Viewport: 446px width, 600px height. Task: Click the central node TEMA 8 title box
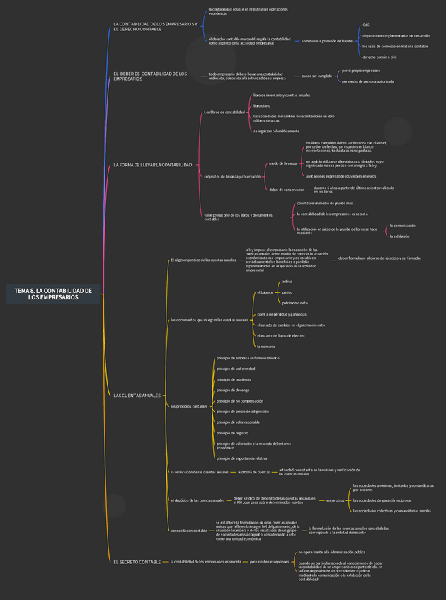click(x=53, y=294)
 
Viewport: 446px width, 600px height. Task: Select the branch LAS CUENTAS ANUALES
click(x=137, y=396)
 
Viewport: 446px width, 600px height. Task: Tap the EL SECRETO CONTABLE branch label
click(x=137, y=562)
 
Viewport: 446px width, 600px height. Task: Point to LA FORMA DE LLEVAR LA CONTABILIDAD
click(x=152, y=165)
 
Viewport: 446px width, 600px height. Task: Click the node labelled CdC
click(x=366, y=25)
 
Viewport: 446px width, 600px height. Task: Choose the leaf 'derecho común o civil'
click(x=379, y=57)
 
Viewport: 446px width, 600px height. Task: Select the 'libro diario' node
click(x=262, y=105)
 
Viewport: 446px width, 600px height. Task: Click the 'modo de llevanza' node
click(x=283, y=163)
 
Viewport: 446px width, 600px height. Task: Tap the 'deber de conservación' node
click(x=287, y=190)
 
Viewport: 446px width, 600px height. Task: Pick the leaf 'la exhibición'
click(x=401, y=236)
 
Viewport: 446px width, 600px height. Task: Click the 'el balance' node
click(x=265, y=292)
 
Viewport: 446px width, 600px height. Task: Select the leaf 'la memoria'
click(x=266, y=347)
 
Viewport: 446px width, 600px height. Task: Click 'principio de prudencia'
click(x=234, y=379)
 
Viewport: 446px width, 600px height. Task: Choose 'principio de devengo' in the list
click(x=233, y=390)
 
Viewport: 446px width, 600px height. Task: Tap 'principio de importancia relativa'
click(x=241, y=458)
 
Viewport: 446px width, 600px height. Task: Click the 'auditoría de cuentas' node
click(x=253, y=471)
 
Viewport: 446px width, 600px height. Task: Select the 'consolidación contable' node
click(x=189, y=530)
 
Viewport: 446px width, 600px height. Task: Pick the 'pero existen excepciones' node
click(x=269, y=562)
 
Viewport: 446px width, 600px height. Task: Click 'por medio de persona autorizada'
click(x=367, y=81)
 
